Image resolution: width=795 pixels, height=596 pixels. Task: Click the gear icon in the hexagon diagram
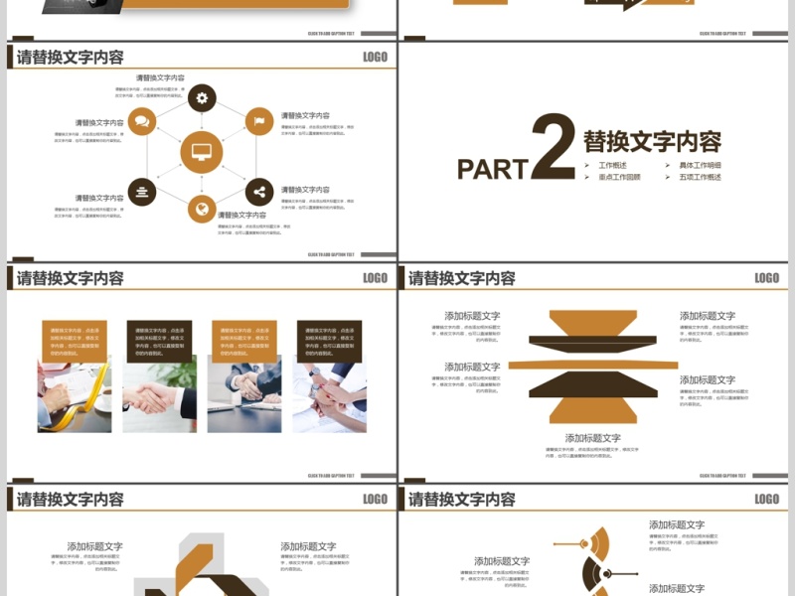tap(202, 97)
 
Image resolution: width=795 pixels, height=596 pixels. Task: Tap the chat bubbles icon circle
tap(142, 121)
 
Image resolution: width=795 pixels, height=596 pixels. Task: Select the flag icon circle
tap(259, 121)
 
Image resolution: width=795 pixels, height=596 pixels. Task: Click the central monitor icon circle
tap(201, 153)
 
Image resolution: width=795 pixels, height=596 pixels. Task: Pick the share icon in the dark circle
tap(259, 192)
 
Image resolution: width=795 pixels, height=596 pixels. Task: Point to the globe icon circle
tap(202, 209)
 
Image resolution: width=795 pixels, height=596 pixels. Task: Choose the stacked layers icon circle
tap(142, 192)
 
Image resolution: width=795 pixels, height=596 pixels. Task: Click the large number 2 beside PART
tap(553, 147)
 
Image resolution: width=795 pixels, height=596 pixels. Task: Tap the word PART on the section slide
tap(492, 169)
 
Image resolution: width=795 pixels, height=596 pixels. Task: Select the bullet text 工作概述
tap(612, 165)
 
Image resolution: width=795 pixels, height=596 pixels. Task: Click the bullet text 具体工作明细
tap(700, 165)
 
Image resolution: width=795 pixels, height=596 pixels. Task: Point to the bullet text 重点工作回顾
tap(619, 177)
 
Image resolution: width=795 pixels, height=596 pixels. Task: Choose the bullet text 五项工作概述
tap(700, 177)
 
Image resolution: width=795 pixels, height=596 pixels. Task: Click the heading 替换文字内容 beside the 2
tap(652, 141)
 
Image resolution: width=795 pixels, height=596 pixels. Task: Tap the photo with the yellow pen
tap(75, 394)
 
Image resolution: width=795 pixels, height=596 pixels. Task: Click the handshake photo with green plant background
tap(159, 394)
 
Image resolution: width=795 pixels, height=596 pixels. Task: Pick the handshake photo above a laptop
tap(243, 394)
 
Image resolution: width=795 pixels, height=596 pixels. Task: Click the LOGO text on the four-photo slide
tap(375, 278)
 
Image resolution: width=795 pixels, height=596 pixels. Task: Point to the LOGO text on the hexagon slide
tap(375, 58)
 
